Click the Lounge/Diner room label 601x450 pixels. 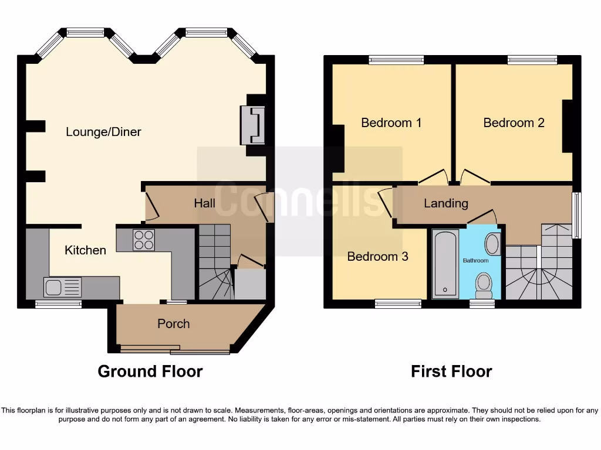[103, 132]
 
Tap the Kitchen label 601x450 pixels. [85, 250]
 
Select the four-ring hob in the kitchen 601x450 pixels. [144, 240]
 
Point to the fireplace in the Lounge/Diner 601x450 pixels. [253, 125]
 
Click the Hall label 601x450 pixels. [204, 203]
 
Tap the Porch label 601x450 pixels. [173, 323]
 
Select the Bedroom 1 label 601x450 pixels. [391, 122]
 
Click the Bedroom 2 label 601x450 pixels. [514, 122]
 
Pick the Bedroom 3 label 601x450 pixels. [377, 257]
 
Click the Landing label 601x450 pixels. [446, 203]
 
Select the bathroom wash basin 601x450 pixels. [492, 243]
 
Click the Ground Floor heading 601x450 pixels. [150, 371]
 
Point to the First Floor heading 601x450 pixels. [451, 371]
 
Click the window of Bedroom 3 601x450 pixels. [398, 304]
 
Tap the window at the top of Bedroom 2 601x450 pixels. [532, 59]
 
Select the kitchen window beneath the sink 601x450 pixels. [58, 304]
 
